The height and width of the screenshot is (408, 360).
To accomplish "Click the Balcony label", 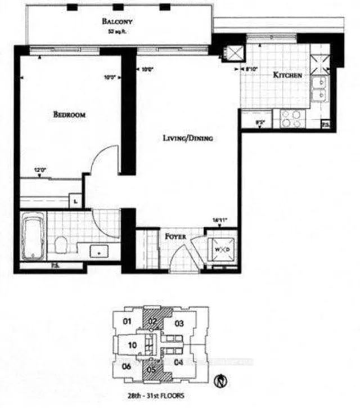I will coord(116,22).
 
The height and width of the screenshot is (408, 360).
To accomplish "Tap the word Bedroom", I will coord(69,115).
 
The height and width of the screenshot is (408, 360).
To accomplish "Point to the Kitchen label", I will coord(287,75).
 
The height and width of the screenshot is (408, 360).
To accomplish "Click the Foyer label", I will coord(175,236).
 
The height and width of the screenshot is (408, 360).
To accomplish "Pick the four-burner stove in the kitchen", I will coord(290,118).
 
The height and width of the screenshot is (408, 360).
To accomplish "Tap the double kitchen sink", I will coord(321,89).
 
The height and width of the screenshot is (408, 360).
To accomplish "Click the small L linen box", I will coord(75,201).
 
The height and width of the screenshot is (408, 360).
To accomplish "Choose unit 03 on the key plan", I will coord(179,323).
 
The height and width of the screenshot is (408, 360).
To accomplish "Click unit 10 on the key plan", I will coord(131,345).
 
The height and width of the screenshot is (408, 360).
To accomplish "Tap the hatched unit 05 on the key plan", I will coord(151,370).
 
